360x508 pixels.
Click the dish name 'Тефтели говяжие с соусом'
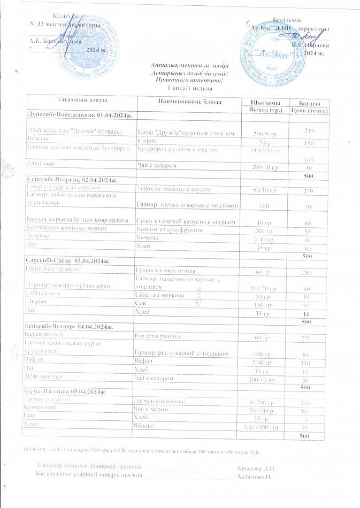174,190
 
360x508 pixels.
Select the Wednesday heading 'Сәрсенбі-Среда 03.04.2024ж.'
68,261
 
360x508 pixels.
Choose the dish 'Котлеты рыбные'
157,338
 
